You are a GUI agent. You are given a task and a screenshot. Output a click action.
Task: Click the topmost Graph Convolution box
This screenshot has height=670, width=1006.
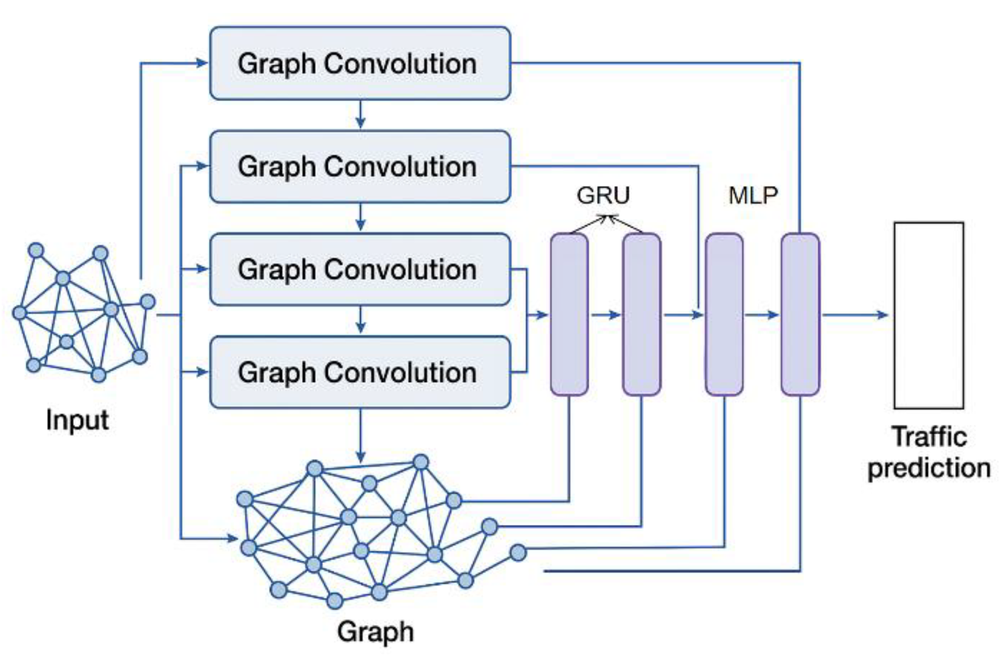pyautogui.click(x=360, y=63)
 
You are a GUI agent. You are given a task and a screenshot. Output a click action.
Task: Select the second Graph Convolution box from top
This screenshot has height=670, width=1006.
pyautogui.click(x=360, y=167)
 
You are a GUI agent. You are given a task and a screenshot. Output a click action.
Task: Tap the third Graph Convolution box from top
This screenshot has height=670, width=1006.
pyautogui.click(x=360, y=269)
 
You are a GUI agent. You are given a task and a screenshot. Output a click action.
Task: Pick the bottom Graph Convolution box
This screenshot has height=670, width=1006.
pyautogui.click(x=360, y=372)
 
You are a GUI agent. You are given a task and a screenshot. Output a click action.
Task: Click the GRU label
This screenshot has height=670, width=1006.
pyautogui.click(x=603, y=195)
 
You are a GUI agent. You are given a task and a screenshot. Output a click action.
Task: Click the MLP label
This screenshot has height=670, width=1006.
pyautogui.click(x=753, y=195)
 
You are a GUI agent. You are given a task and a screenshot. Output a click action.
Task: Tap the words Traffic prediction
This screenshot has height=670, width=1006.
pyautogui.click(x=928, y=452)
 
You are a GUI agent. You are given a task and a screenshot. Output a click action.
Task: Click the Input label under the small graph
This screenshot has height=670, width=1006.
pyautogui.click(x=77, y=420)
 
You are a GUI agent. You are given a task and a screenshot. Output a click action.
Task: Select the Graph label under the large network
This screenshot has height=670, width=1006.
pyautogui.click(x=375, y=631)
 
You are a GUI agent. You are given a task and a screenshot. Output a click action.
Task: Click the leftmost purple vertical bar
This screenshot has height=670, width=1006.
pyautogui.click(x=569, y=314)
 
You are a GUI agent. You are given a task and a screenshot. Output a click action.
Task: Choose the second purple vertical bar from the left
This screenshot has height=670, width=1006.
pyautogui.click(x=641, y=314)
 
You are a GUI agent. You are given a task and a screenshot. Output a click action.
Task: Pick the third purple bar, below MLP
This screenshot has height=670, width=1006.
pyautogui.click(x=724, y=314)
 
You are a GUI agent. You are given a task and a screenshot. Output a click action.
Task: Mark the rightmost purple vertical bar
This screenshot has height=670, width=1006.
pyautogui.click(x=800, y=314)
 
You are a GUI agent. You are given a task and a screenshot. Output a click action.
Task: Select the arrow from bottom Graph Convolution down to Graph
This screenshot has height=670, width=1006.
pyautogui.click(x=360, y=435)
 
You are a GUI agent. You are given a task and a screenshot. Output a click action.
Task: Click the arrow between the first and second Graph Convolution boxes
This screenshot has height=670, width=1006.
pyautogui.click(x=360, y=115)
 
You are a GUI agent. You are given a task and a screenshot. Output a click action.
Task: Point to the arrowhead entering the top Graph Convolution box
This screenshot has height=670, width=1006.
pyautogui.click(x=202, y=63)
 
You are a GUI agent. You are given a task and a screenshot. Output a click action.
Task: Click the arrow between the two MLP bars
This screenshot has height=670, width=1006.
pyautogui.click(x=762, y=315)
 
